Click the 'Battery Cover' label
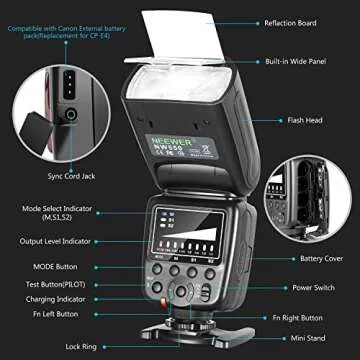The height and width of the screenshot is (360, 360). [x=298, y=257]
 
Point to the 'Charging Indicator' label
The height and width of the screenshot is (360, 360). [x=60, y=297]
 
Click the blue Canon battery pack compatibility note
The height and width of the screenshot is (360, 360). [x=60, y=33]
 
